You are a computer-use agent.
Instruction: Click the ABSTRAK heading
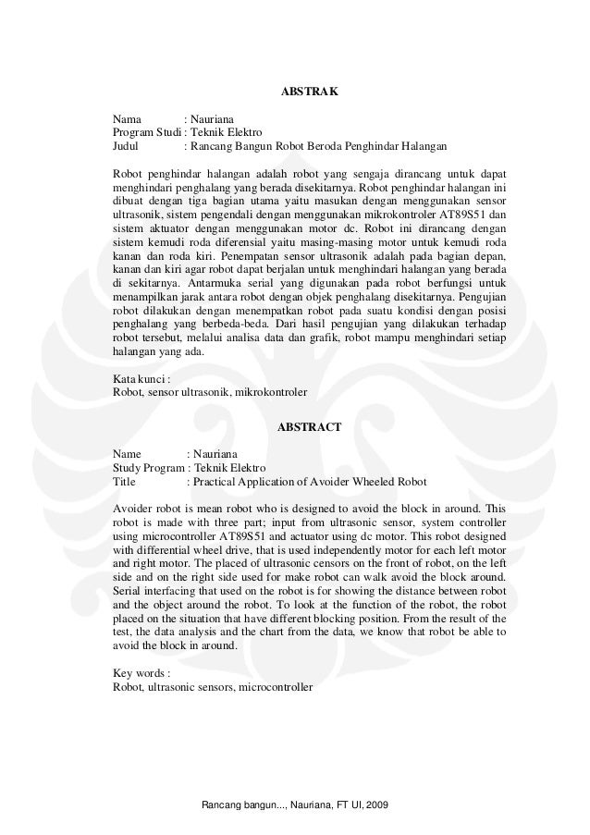(309, 93)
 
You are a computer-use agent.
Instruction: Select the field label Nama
(128, 119)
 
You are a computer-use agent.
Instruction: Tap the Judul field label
(127, 146)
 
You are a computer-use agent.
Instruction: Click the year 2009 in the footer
(377, 808)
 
